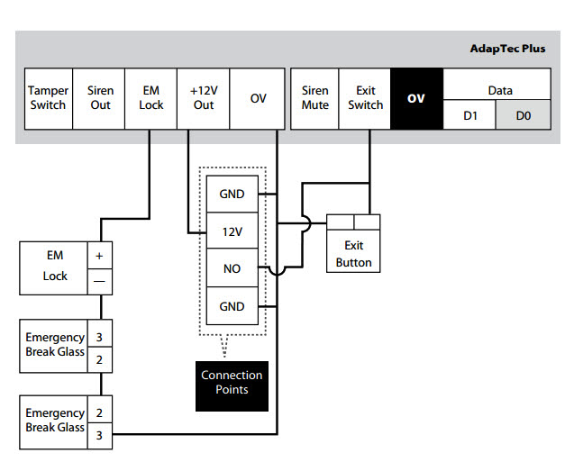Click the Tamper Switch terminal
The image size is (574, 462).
(x=48, y=98)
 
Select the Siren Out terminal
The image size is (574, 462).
(x=100, y=98)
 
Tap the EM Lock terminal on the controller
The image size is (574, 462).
(x=151, y=98)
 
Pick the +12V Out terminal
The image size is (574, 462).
(x=204, y=98)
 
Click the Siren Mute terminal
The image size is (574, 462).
(x=314, y=98)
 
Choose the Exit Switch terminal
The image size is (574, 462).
(x=365, y=98)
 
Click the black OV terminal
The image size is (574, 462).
(x=415, y=98)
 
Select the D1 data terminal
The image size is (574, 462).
(x=469, y=115)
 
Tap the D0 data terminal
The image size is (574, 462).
(x=524, y=115)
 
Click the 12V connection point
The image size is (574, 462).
(x=232, y=231)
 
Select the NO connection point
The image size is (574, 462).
(x=232, y=269)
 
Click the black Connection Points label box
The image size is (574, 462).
(x=232, y=382)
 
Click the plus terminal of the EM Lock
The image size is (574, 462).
(x=100, y=256)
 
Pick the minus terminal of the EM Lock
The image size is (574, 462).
(x=100, y=281)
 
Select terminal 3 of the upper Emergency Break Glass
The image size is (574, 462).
(x=100, y=338)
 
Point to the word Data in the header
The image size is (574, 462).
(x=499, y=90)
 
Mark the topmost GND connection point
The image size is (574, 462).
(x=232, y=194)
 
